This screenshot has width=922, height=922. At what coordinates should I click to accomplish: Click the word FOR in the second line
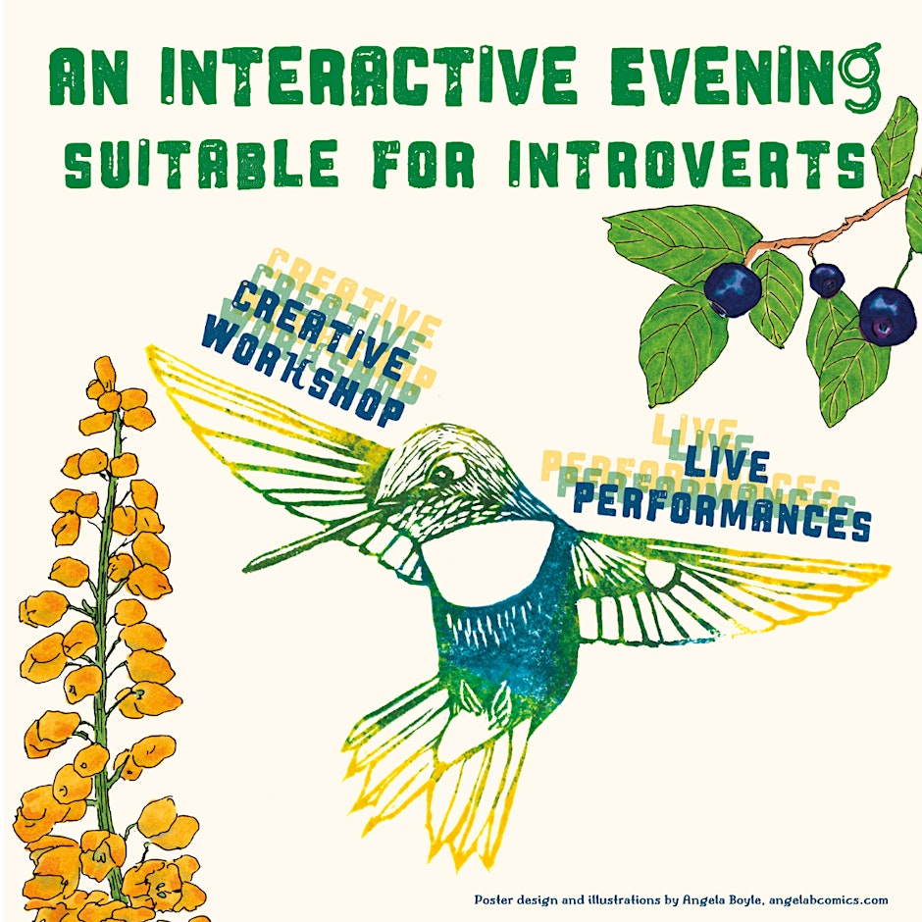(x=425, y=165)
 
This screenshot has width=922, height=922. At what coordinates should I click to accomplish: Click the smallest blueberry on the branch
(x=827, y=280)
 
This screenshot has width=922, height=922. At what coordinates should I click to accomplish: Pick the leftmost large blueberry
(x=733, y=289)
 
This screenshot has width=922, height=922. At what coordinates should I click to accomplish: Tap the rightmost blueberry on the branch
(x=887, y=317)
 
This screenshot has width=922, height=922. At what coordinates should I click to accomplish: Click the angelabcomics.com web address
(x=828, y=900)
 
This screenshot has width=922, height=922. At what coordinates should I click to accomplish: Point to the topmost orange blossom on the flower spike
(x=105, y=368)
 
